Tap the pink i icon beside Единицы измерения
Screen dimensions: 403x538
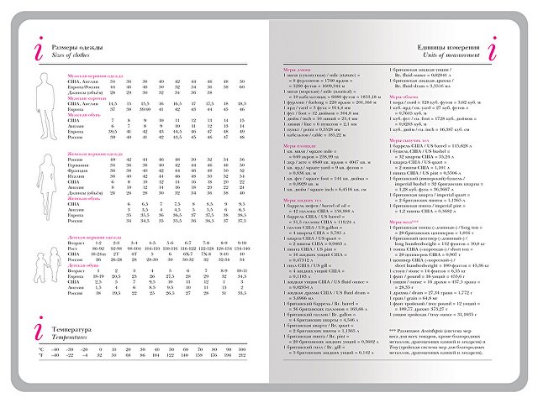(x=492, y=49)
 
